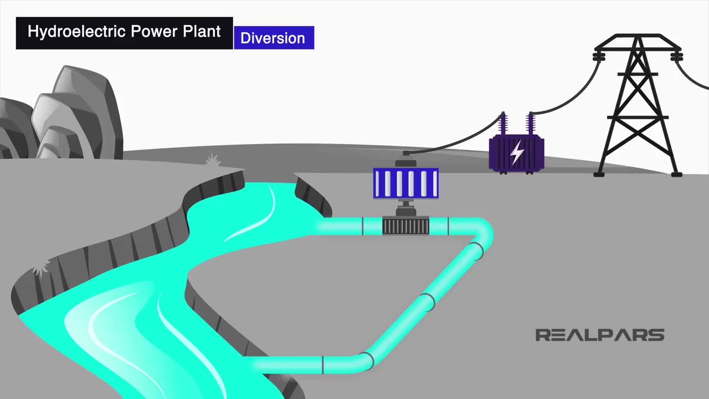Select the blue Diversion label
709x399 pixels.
[x=274, y=38]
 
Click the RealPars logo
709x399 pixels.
[x=599, y=335]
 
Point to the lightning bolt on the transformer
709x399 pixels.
[x=517, y=153]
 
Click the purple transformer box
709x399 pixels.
[x=516, y=154]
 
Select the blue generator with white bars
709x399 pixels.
[x=406, y=183]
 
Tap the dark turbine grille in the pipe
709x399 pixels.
[x=406, y=226]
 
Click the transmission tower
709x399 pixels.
[x=638, y=105]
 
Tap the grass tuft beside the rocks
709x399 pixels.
[x=212, y=161]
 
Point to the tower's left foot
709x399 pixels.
[x=599, y=174]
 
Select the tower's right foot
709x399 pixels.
[x=676, y=174]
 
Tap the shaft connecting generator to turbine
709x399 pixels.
[x=406, y=207]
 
